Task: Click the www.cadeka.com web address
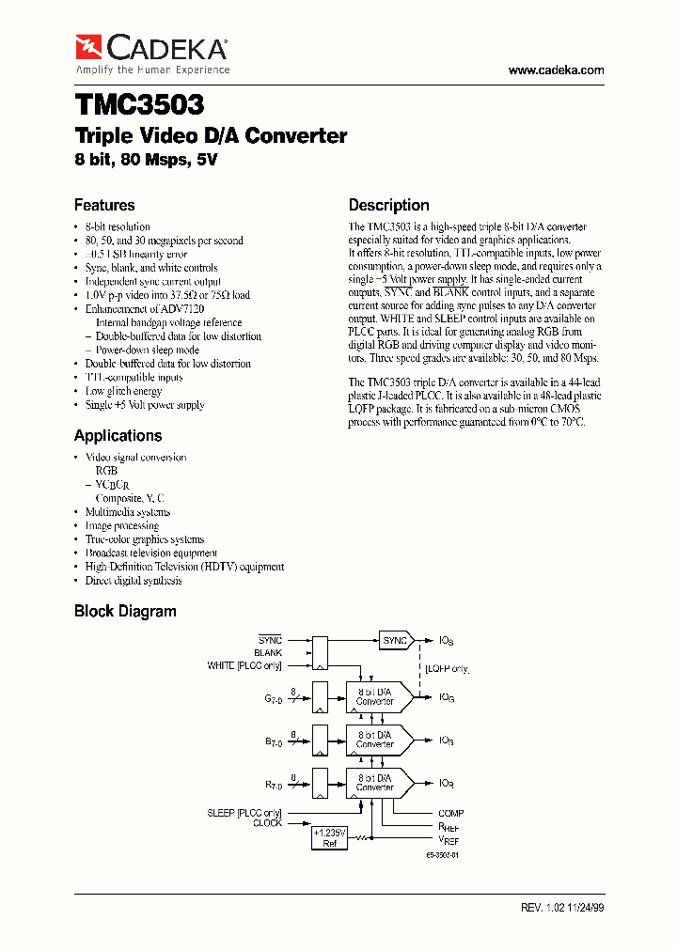(x=556, y=70)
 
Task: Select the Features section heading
(x=104, y=205)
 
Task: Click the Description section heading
(x=388, y=205)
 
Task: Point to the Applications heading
(x=118, y=435)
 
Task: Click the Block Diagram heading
(x=125, y=611)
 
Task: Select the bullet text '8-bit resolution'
(x=118, y=226)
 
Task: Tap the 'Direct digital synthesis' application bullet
(x=134, y=581)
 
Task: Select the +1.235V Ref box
(x=329, y=837)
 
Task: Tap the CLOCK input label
(x=267, y=823)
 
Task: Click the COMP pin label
(x=450, y=813)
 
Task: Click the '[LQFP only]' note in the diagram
(x=447, y=669)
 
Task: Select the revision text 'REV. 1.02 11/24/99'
(x=562, y=908)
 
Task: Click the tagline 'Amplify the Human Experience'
(x=152, y=70)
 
